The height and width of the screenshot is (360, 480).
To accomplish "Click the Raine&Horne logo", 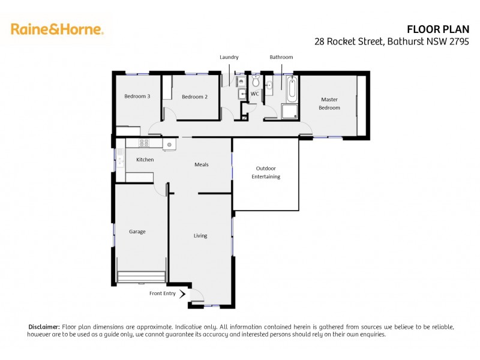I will (x=57, y=29).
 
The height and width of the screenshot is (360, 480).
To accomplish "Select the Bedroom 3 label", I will (x=137, y=97).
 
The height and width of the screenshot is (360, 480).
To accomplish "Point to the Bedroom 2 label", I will (x=194, y=97).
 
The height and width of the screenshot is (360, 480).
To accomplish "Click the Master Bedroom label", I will (x=329, y=104).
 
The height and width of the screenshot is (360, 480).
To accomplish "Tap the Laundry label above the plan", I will (x=229, y=57).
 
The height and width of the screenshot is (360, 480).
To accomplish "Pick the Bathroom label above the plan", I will (x=281, y=57).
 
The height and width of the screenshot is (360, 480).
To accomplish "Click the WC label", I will (x=254, y=94).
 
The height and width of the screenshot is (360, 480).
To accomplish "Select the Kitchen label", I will (x=145, y=160).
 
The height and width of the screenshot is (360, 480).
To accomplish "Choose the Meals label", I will (x=201, y=164).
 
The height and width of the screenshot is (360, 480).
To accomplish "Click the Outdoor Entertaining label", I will (x=266, y=172).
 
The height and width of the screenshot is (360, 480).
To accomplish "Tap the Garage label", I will (x=137, y=232).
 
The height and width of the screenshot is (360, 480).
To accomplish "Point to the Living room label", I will (x=200, y=236).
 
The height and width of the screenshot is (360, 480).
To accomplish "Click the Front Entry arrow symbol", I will (x=182, y=293).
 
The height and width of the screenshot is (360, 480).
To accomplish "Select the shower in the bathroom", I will (x=289, y=111).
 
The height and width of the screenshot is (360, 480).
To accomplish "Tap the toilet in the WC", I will (x=255, y=83).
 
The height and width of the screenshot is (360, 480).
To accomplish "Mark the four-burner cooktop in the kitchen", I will (x=144, y=143).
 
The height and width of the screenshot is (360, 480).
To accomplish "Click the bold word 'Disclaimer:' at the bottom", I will (x=44, y=326).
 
